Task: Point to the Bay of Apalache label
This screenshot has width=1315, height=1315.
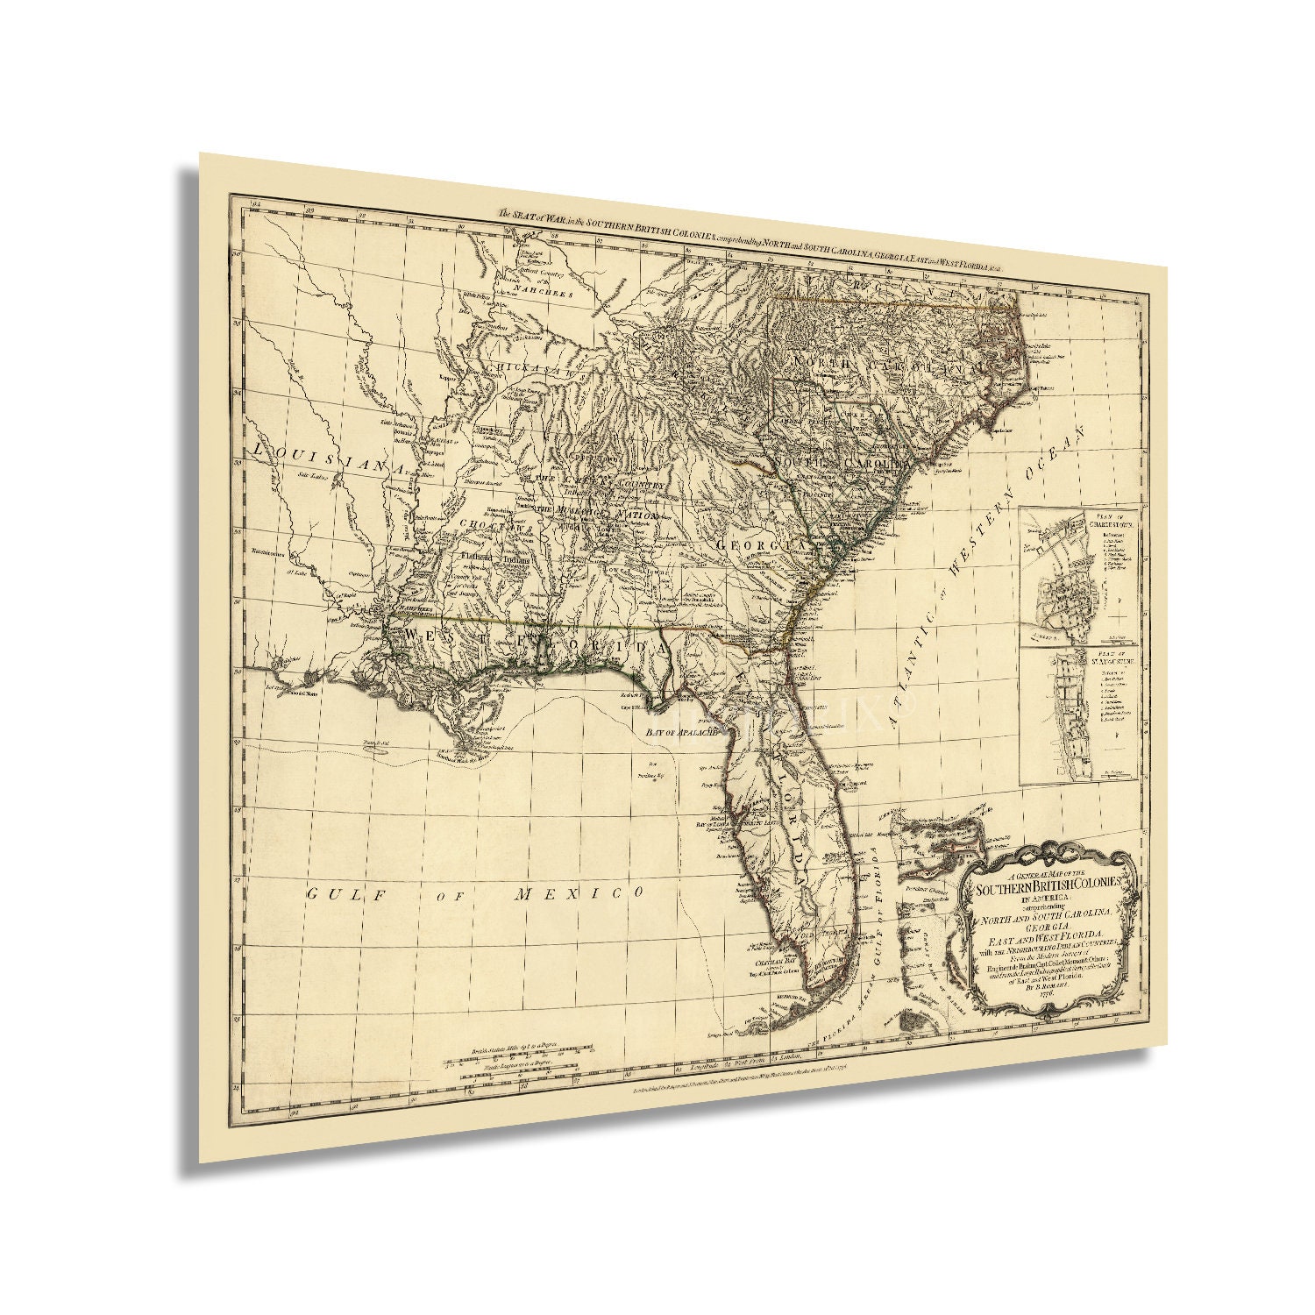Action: (x=681, y=730)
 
